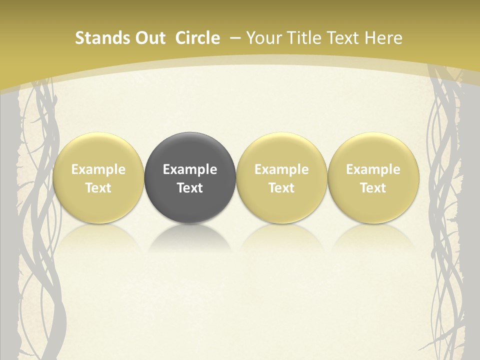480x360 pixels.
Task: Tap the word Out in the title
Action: (x=149, y=38)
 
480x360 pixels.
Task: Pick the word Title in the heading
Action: (x=300, y=38)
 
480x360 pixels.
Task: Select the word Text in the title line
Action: (x=341, y=38)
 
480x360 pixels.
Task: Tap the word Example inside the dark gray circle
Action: (x=190, y=169)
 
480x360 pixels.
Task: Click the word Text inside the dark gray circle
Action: (x=190, y=188)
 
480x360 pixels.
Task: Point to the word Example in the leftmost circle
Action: (x=98, y=169)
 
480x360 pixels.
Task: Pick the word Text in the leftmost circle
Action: (x=98, y=188)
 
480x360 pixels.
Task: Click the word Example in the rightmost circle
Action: (x=373, y=169)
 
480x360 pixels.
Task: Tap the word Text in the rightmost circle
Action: (x=373, y=188)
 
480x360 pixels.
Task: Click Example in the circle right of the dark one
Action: (x=281, y=169)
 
